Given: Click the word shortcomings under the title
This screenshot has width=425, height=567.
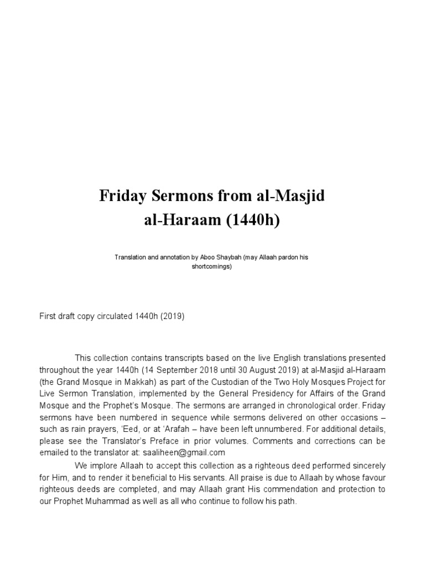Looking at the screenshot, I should pyautogui.click(x=212, y=266).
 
